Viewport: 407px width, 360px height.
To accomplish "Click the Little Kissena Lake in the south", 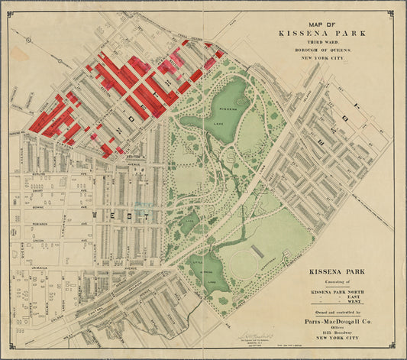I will click(x=203, y=269).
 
